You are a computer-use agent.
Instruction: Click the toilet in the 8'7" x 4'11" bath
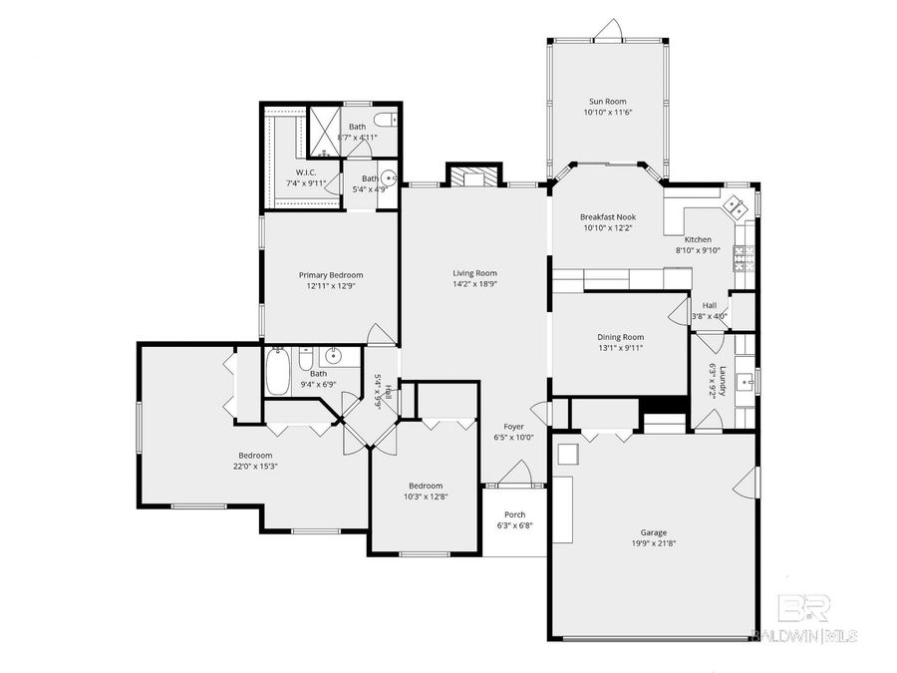[391, 121]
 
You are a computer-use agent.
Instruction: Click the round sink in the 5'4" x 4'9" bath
[390, 180]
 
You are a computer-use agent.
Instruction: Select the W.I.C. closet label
[300, 171]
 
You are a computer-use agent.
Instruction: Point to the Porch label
[514, 514]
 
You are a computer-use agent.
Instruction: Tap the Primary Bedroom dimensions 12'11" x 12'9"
[331, 286]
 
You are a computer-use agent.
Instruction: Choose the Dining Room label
[620, 337]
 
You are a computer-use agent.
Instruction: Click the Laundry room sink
[748, 379]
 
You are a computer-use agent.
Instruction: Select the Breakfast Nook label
[608, 216]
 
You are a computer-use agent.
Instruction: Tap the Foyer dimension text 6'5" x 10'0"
[514, 437]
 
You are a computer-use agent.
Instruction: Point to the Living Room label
[474, 273]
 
